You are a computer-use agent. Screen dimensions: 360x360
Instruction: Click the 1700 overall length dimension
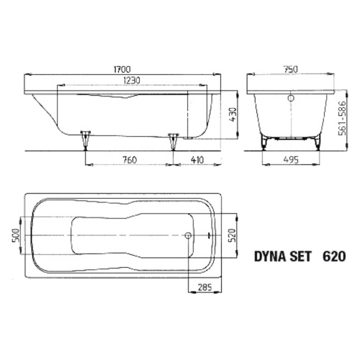pos(122,69)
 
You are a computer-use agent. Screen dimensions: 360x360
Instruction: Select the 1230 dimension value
pos(132,81)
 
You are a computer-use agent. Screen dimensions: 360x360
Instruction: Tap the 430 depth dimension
pos(233,114)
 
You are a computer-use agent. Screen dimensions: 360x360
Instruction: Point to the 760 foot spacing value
pos(130,160)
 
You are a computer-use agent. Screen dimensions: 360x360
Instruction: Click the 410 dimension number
pos(197,160)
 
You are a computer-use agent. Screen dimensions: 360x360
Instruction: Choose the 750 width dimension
pos(290,69)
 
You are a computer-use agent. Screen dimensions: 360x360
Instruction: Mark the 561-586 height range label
pos(343,118)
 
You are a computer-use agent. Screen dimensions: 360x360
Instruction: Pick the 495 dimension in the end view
pos(291,160)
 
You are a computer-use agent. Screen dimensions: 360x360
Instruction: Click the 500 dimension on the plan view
pos(16,235)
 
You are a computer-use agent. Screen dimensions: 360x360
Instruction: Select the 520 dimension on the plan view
pos(233,235)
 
